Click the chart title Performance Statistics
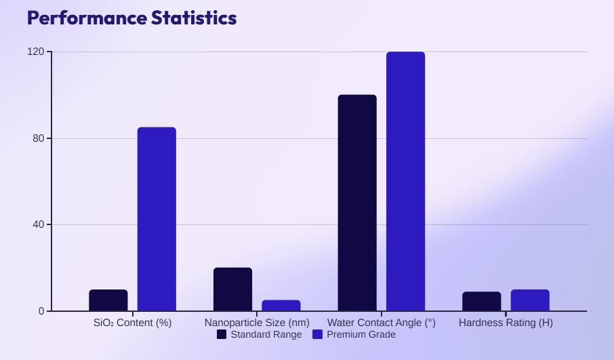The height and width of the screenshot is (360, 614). (x=131, y=18)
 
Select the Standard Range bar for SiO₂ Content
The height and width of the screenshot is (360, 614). (x=108, y=300)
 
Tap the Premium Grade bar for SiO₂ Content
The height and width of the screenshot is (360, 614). (x=157, y=219)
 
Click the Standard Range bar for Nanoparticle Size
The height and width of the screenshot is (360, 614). (x=232, y=289)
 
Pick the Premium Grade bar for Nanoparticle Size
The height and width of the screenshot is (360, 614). (x=281, y=306)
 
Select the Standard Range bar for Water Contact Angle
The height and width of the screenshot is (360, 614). (x=357, y=203)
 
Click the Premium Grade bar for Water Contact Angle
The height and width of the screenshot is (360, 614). (x=405, y=182)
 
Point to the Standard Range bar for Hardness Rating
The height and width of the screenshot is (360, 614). (x=481, y=302)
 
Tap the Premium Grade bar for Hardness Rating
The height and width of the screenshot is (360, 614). (x=530, y=300)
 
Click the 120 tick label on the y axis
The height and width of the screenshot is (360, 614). (x=36, y=52)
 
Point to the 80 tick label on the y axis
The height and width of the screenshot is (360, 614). (x=39, y=138)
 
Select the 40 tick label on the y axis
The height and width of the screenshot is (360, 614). (x=39, y=225)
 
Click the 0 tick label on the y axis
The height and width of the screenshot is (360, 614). (x=41, y=311)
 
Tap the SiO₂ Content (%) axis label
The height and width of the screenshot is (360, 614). (x=133, y=323)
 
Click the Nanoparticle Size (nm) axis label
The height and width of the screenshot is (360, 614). (x=257, y=323)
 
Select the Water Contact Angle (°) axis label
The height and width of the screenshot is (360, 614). (x=382, y=323)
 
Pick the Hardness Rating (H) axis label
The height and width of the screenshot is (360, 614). (x=506, y=323)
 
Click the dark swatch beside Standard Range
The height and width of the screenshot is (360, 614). (x=222, y=334)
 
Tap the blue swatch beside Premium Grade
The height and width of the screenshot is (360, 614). (x=317, y=334)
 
